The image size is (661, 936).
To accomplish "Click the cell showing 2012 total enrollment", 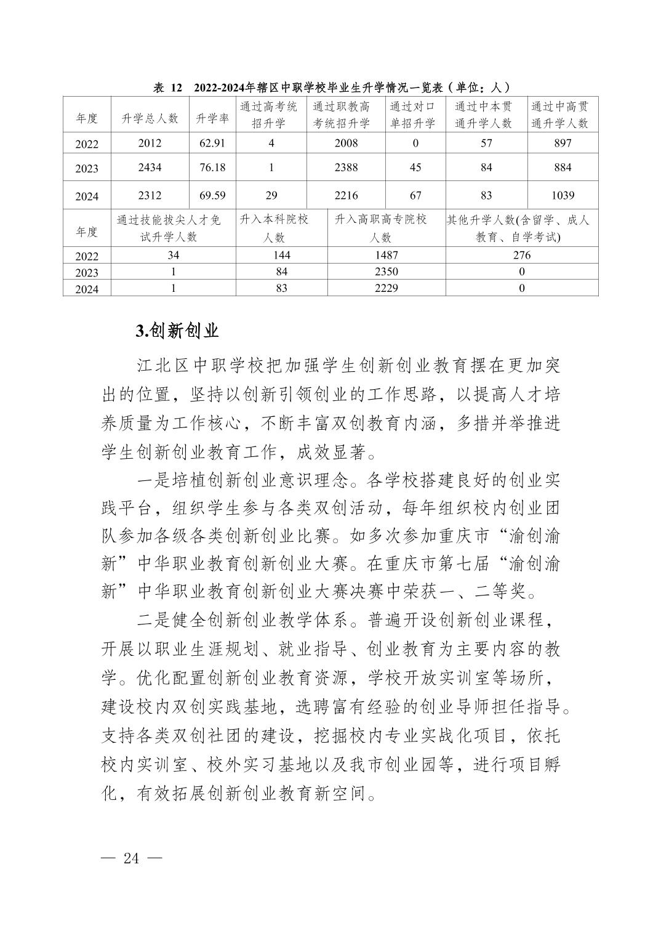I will coord(150,143).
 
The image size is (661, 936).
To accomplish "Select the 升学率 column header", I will coord(212,119).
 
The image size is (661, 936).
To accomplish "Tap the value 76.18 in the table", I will coord(212,167).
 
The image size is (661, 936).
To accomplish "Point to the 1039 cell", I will coord(562,195).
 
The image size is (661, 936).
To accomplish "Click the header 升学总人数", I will coord(150,119).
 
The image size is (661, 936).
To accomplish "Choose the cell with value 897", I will coord(562,143).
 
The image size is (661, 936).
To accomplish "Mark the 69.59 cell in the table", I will coord(212,195).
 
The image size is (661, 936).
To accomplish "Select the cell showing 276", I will coord(521,255).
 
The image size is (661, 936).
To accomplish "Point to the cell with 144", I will coord(281,255).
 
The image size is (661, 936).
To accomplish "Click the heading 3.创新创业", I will coord(177,331).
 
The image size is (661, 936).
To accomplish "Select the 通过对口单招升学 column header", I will coord(415,115).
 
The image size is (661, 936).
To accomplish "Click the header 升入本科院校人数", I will coord(281,228).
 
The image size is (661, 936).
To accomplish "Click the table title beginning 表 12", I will coord(331,88).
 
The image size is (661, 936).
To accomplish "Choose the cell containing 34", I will coord(173,255).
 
